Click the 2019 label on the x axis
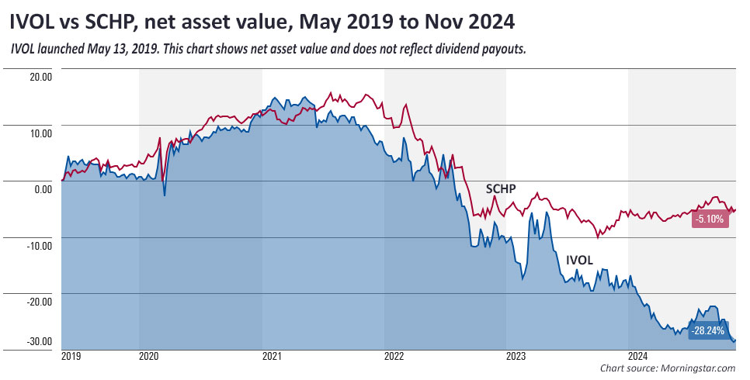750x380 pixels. [71, 358]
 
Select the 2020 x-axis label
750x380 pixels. [149, 358]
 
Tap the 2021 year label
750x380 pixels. [272, 358]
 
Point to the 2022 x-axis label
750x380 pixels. [394, 358]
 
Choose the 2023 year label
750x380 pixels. [516, 358]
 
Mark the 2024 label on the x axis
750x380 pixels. [638, 358]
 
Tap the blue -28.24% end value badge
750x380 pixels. [707, 331]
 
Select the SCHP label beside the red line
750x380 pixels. [501, 188]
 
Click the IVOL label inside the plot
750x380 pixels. [578, 261]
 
